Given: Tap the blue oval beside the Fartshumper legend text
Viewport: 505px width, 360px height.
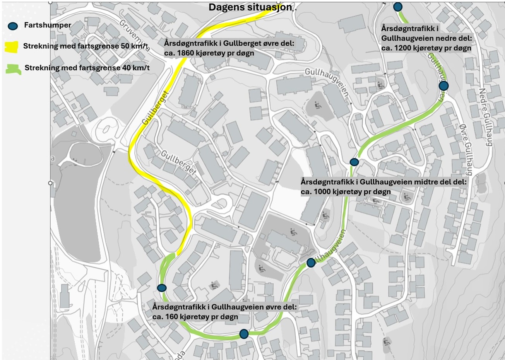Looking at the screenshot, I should (x=13, y=26).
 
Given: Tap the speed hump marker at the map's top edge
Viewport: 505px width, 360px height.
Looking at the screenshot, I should (x=397, y=7).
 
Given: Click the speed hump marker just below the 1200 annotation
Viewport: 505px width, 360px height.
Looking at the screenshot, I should (x=443, y=85).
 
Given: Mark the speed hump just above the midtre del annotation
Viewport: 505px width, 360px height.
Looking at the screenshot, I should (x=354, y=162).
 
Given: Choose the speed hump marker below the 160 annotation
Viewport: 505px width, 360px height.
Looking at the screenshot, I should (x=243, y=334).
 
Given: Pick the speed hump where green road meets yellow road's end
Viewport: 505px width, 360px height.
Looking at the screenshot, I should (x=162, y=288).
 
